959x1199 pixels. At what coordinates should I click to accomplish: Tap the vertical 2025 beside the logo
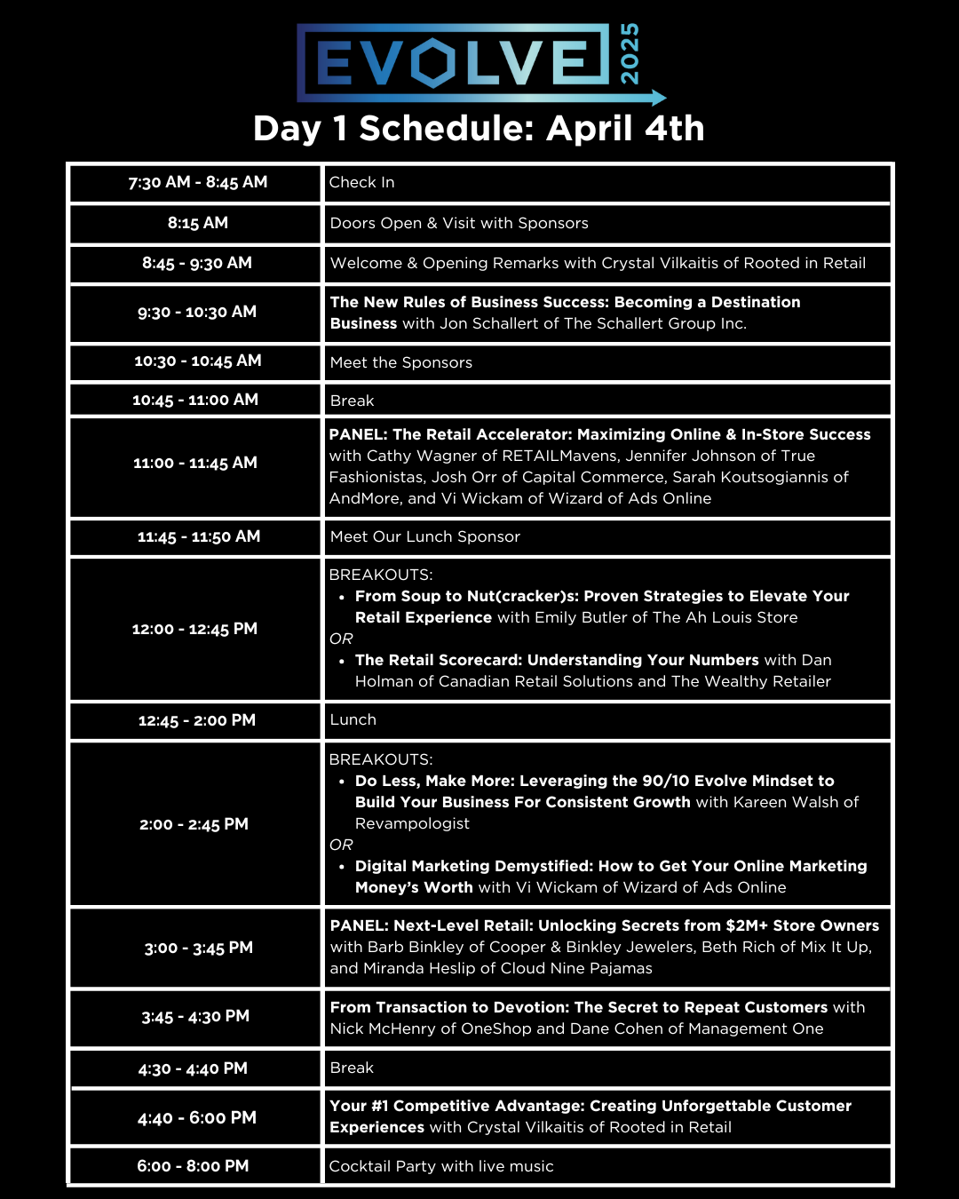pos(629,55)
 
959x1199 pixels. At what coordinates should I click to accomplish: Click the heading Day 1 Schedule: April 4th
pos(479,129)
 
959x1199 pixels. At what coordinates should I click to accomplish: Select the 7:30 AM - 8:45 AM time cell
pos(197,182)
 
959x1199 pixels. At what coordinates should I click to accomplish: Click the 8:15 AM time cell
pos(197,223)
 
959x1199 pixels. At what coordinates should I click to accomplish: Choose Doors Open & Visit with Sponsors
pos(459,223)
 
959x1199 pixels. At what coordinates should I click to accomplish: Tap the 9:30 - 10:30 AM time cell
pos(197,312)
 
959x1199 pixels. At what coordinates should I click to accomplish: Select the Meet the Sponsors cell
pos(401,362)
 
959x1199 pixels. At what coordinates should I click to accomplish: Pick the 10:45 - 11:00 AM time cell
pos(195,400)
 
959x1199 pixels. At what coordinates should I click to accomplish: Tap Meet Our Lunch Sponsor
pos(425,536)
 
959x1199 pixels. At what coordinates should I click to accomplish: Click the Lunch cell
pos(353,719)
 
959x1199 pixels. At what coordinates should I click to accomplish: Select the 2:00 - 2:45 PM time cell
pos(194,824)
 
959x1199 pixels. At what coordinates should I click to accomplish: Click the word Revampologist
pos(412,823)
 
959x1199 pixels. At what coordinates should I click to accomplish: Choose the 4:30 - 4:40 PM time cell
pos(193,1068)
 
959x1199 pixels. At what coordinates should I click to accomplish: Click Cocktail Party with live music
pos(441,1166)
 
